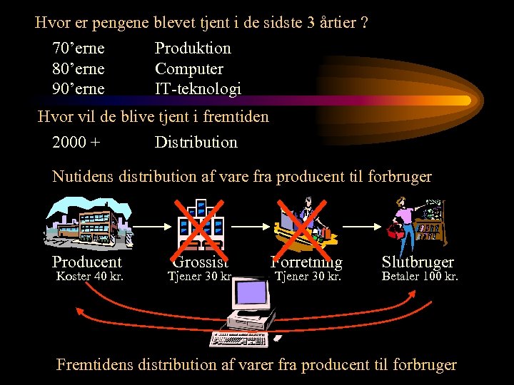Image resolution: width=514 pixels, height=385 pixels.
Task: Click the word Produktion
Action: point(193,48)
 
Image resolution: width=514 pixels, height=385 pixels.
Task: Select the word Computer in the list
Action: point(189,69)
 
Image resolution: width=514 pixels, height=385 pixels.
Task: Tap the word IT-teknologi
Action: point(198,89)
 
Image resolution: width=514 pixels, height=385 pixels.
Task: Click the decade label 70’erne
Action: point(79,48)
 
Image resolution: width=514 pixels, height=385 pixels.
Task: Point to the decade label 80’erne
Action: point(79,69)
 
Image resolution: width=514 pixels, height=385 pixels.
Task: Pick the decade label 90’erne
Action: point(79,89)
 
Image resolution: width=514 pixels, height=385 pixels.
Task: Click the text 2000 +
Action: point(76,142)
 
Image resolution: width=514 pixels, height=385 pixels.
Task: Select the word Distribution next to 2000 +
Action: point(196,142)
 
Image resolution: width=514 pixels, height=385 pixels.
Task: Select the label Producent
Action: point(87,262)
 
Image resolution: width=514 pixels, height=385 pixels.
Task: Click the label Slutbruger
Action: point(418,262)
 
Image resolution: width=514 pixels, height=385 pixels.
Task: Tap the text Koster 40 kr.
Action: point(89,276)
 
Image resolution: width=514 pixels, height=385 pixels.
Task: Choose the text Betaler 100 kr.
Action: point(420,276)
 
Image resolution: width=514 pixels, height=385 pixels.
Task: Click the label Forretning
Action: point(307,262)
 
